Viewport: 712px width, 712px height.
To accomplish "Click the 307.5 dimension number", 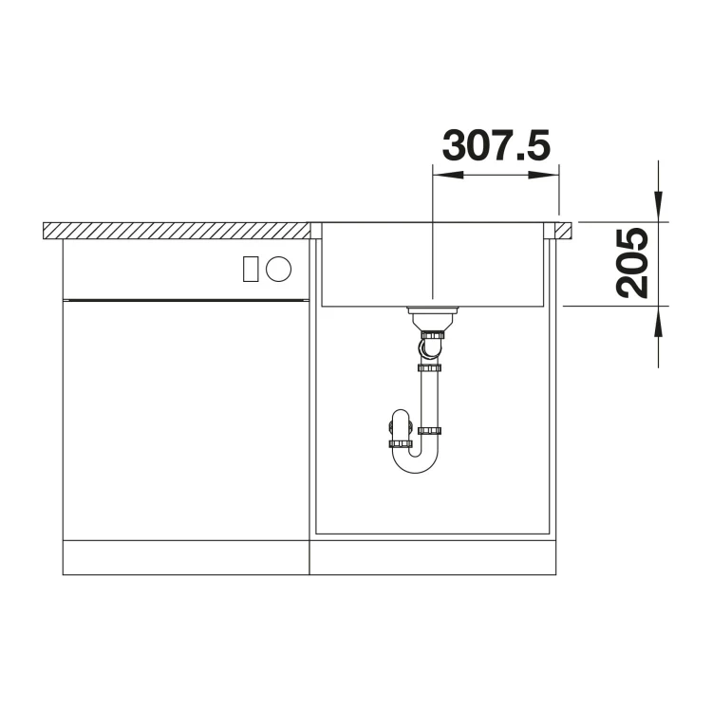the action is [x=496, y=145].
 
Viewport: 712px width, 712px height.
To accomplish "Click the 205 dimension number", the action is [x=632, y=263].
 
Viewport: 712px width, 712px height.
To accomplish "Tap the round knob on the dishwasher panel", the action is [x=278, y=269].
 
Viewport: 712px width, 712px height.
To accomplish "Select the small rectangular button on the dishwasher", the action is [x=251, y=269].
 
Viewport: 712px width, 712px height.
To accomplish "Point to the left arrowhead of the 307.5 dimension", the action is [x=448, y=176].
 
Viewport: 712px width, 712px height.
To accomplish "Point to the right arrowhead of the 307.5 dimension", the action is [x=544, y=176].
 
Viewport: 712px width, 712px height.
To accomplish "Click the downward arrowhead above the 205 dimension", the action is [x=658, y=207].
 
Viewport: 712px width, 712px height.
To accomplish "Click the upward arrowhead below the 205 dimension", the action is [x=658, y=321].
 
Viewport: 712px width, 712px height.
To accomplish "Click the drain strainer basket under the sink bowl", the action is [x=432, y=319].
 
